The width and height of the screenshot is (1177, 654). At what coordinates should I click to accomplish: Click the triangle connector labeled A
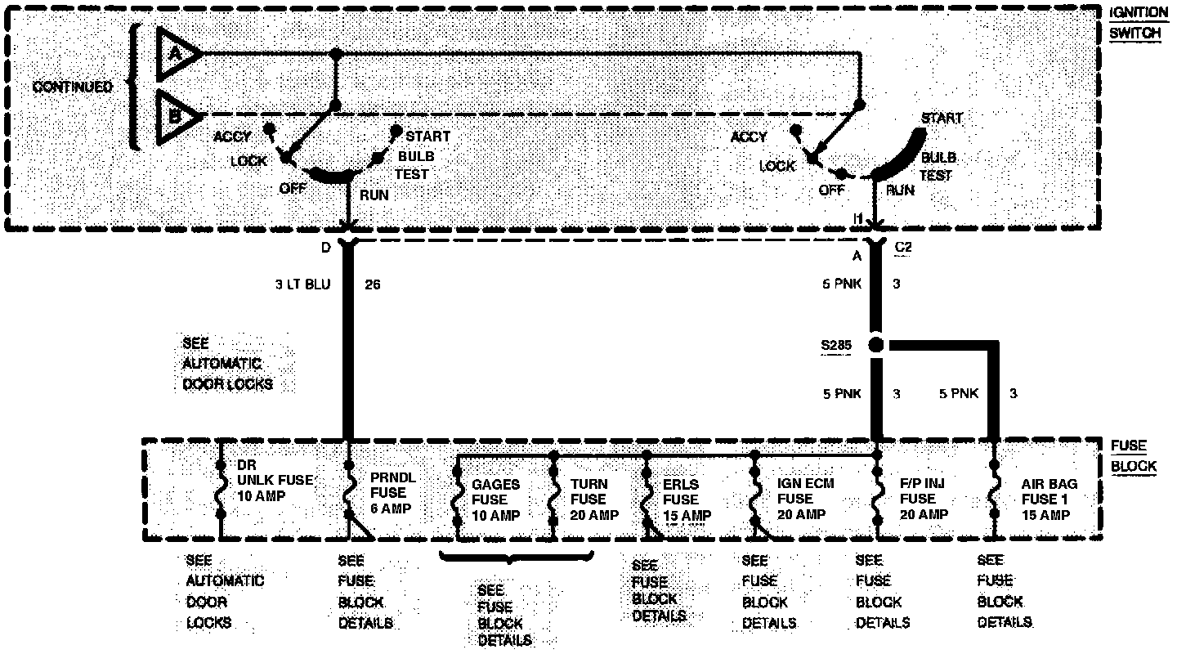click(176, 53)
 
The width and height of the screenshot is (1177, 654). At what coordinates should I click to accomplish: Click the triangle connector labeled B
click(176, 114)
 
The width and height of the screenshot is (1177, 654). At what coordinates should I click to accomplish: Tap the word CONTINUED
click(72, 87)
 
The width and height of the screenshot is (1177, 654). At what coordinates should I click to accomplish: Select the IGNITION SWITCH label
click(1138, 24)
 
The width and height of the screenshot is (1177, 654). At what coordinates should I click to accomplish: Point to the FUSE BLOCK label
click(1133, 456)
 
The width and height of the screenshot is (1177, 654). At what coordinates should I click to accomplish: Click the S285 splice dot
click(875, 345)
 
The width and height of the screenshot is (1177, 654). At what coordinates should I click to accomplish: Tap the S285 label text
click(836, 345)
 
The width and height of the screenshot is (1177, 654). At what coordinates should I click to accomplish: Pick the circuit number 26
click(372, 285)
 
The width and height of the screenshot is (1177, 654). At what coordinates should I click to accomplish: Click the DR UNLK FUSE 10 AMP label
click(275, 480)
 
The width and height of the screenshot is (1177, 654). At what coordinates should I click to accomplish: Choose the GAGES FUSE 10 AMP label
click(495, 499)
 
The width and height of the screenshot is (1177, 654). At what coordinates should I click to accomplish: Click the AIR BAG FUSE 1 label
click(1049, 499)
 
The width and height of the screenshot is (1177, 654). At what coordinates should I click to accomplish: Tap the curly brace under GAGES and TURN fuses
click(515, 559)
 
